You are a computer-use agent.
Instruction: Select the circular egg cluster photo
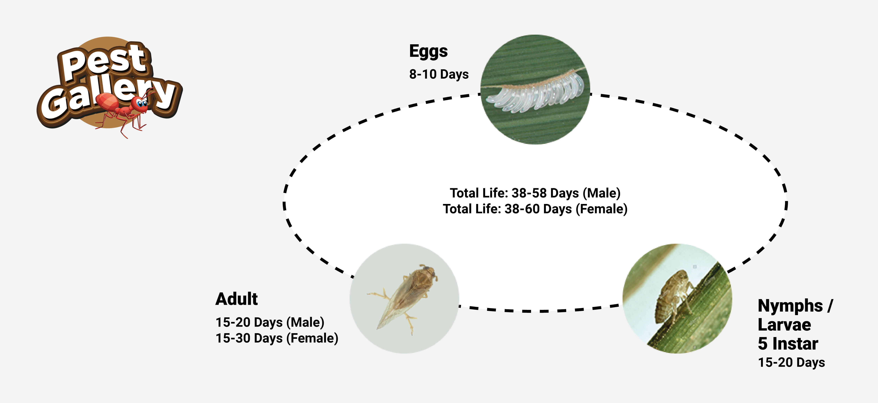point(535,89)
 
